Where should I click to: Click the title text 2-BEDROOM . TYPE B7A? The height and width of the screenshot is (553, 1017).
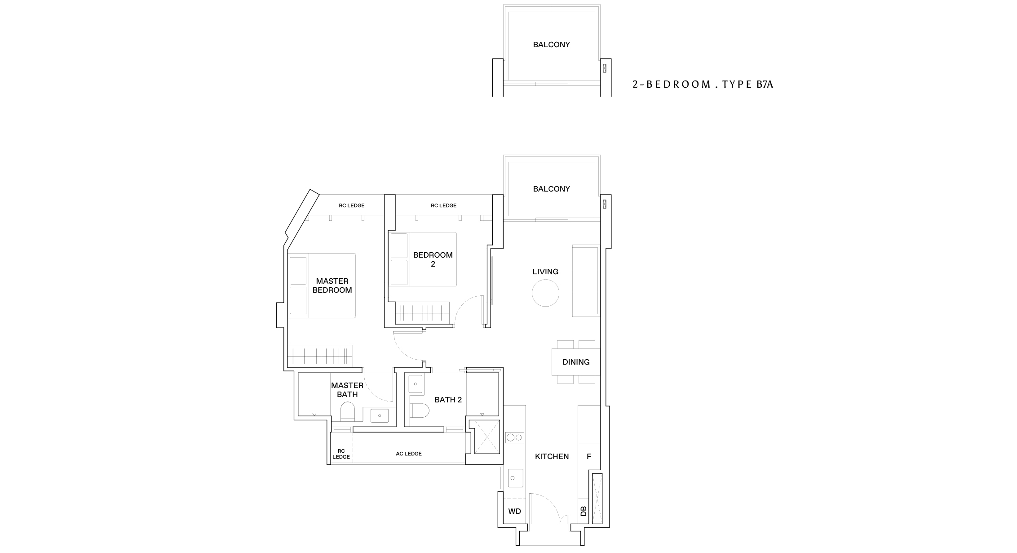(x=703, y=84)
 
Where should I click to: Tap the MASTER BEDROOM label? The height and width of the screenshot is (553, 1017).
(x=332, y=286)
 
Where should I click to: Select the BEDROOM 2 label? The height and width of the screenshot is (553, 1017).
(x=433, y=259)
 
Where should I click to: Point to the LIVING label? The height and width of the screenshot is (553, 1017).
(x=545, y=272)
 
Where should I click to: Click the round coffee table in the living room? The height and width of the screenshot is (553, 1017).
(x=545, y=293)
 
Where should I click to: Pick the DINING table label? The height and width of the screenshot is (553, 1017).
(x=576, y=362)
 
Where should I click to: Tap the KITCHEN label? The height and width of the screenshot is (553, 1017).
(x=552, y=456)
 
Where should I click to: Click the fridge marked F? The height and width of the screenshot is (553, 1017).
(x=589, y=456)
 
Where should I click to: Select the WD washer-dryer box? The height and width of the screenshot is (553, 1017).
(x=514, y=511)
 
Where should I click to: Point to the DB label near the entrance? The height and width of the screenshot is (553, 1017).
(x=584, y=511)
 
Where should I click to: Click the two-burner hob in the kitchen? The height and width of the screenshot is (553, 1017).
(x=515, y=437)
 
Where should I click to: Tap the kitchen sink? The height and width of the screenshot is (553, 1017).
(x=516, y=478)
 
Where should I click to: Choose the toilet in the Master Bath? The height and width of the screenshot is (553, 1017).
(x=347, y=411)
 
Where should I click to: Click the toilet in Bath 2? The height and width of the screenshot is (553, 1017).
(x=420, y=410)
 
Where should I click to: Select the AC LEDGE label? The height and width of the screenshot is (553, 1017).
(x=409, y=454)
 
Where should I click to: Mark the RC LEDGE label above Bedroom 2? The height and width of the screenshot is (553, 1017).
(x=443, y=205)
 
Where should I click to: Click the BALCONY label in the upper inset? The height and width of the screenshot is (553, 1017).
(x=551, y=45)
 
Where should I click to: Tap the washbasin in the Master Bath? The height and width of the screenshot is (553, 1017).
(x=380, y=415)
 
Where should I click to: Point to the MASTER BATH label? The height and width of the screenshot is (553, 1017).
(x=347, y=390)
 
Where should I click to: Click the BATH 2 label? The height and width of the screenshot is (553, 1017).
(x=448, y=400)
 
